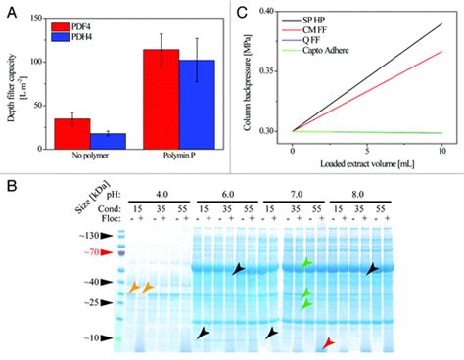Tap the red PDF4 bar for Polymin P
click(155, 98)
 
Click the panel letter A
click(8, 8)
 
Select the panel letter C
click(241, 8)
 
